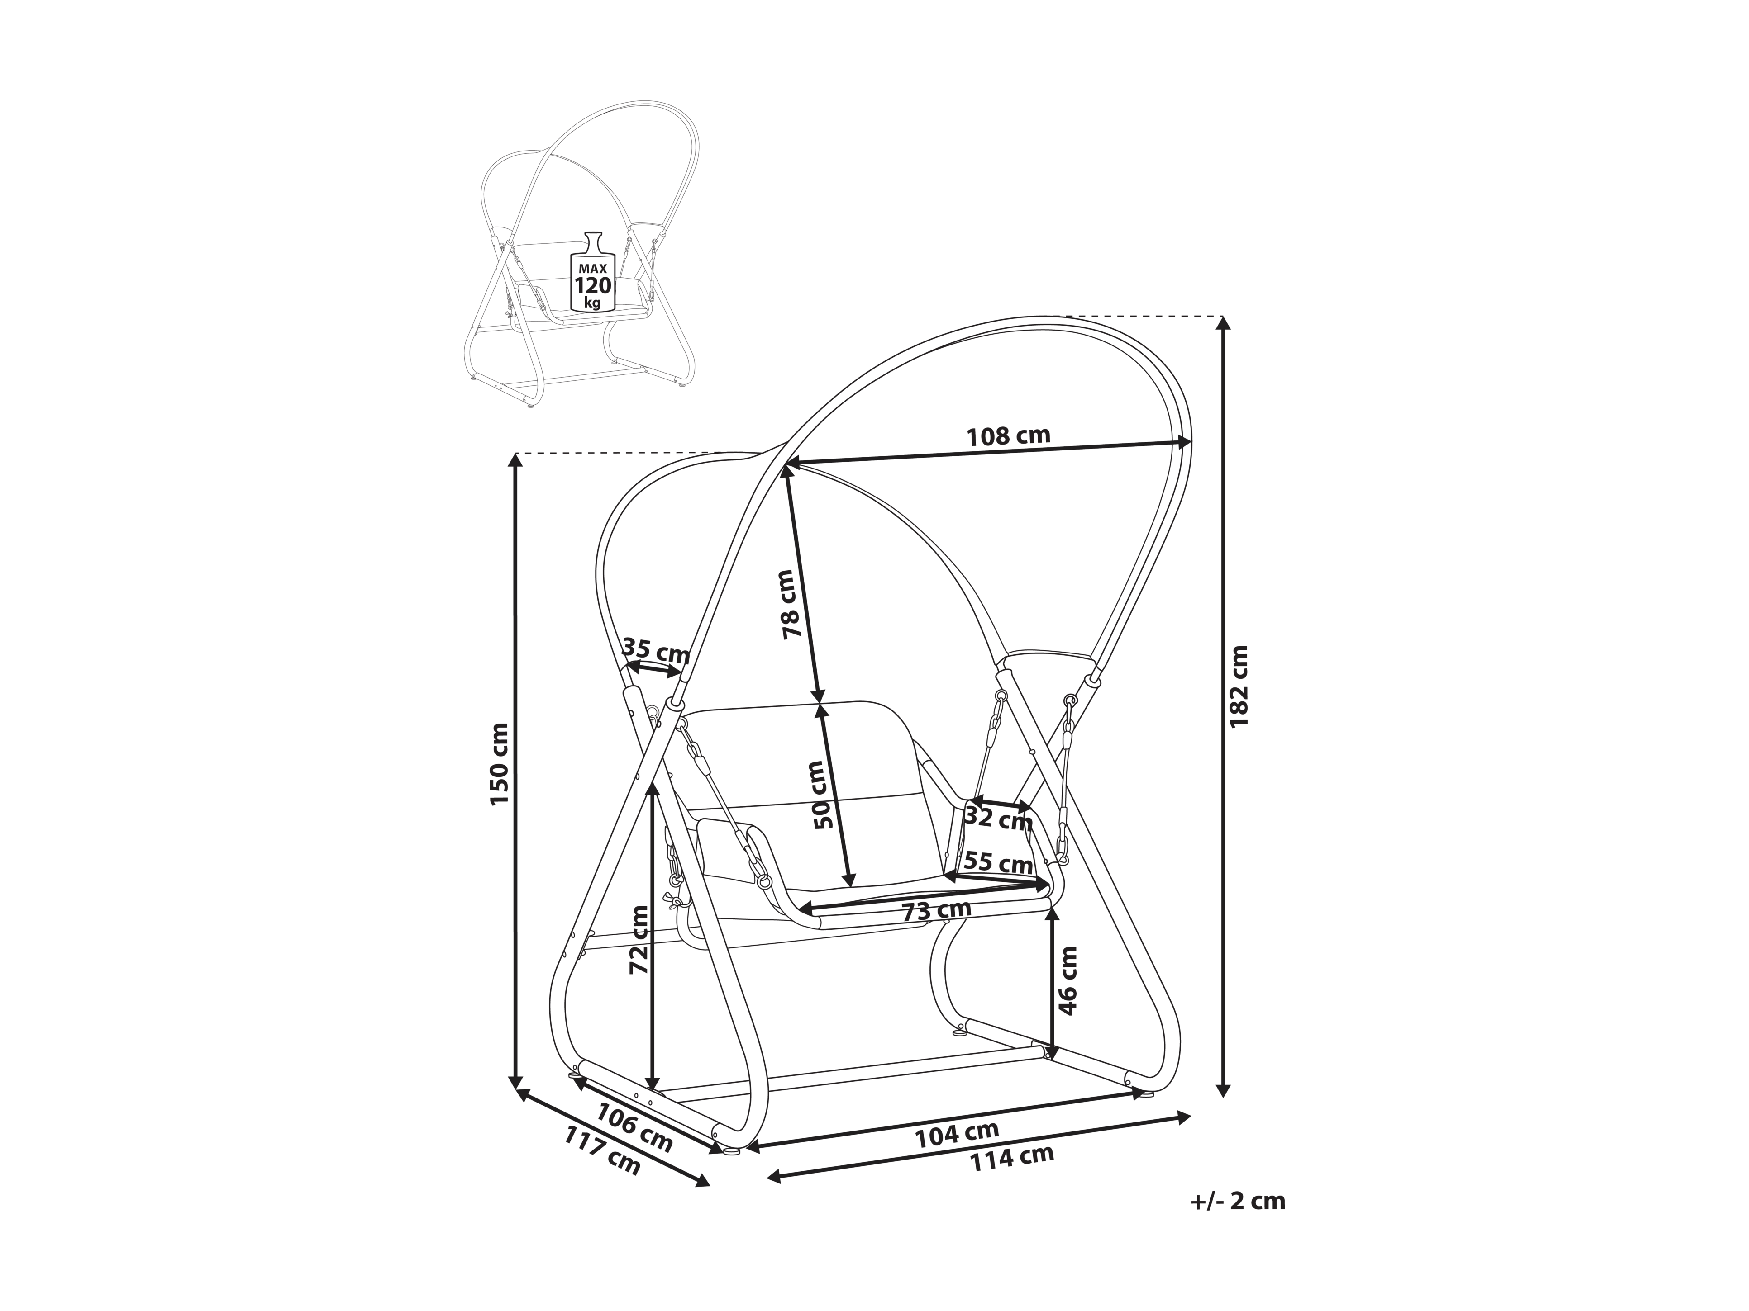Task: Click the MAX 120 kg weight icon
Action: [592, 270]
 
